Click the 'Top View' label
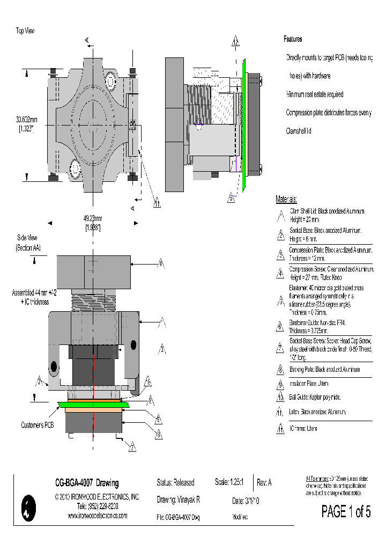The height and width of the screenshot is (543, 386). [x=25, y=31]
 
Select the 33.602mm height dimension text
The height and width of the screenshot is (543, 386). [x=26, y=120]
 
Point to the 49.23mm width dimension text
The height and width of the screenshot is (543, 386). [x=92, y=218]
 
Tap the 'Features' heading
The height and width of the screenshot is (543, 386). [x=293, y=39]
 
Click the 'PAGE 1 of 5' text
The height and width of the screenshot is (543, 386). [x=346, y=511]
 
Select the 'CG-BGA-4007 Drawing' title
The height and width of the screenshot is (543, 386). [x=87, y=483]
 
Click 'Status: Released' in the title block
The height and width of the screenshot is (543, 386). [x=175, y=483]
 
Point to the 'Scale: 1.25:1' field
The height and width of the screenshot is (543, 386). [x=229, y=483]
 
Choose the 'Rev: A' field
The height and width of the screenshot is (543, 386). [x=264, y=483]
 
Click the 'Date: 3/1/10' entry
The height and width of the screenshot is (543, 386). [x=246, y=501]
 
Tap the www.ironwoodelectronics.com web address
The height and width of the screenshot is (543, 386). [x=97, y=515]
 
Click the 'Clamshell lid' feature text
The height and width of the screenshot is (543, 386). [x=299, y=130]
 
